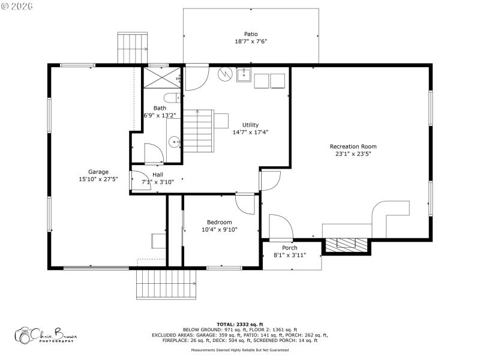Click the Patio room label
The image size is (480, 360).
coord(250,34)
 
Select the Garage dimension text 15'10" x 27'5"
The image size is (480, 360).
coord(98,179)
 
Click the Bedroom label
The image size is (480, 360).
coord(219,222)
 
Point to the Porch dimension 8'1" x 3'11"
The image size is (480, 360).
coord(290,255)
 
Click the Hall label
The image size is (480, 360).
coord(157,175)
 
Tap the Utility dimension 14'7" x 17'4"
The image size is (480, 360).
coord(250,132)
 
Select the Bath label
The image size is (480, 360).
coord(160,108)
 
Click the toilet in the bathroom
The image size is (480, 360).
coord(171,98)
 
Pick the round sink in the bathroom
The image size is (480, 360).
coord(173,142)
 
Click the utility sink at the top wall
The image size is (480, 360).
coord(244,76)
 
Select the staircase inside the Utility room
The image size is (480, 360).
coord(197,131)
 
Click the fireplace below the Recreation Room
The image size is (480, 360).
coord(346,244)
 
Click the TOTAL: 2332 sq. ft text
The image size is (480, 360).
coord(240,324)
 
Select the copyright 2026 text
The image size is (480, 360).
coord(17,6)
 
